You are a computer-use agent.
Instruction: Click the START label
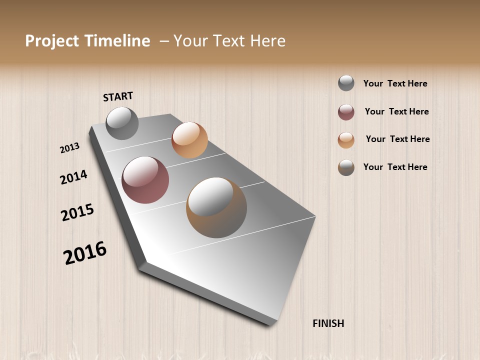pyautogui.click(x=118, y=96)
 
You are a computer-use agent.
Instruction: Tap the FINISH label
pyautogui.click(x=328, y=323)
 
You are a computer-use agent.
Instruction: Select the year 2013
pyautogui.click(x=70, y=147)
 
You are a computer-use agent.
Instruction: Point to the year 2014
pyautogui.click(x=74, y=177)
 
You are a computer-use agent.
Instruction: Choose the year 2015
pyautogui.click(x=77, y=212)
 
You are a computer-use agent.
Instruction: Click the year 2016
pyautogui.click(x=85, y=253)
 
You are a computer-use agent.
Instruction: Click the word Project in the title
pyautogui.click(x=51, y=41)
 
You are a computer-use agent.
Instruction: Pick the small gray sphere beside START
pyautogui.click(x=122, y=123)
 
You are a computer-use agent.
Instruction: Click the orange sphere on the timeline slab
pyautogui.click(x=189, y=140)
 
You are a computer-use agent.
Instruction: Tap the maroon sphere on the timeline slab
pyautogui.click(x=145, y=180)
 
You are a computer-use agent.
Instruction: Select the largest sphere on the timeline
pyautogui.click(x=216, y=207)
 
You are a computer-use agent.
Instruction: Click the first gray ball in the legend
pyautogui.click(x=346, y=83)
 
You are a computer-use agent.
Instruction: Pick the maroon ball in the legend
pyautogui.click(x=346, y=112)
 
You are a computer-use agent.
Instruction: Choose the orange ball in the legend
pyautogui.click(x=346, y=140)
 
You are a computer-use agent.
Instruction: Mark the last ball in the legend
pyautogui.click(x=346, y=167)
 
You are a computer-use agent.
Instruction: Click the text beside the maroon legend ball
pyautogui.click(x=396, y=111)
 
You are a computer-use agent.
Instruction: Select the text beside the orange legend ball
pyautogui.click(x=397, y=139)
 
